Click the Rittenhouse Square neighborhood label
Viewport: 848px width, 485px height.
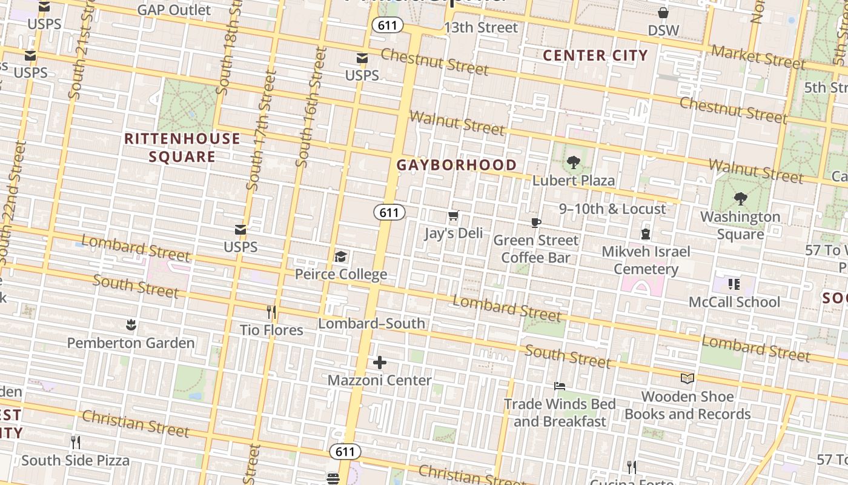pyautogui.click(x=182, y=147)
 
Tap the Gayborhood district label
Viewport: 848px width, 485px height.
pyautogui.click(x=457, y=165)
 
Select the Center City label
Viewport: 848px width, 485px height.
pyautogui.click(x=595, y=56)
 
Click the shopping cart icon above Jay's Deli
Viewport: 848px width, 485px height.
pyautogui.click(x=453, y=216)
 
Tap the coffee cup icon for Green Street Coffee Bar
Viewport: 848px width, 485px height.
pyautogui.click(x=536, y=222)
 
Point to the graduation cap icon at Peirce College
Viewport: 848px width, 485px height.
pyautogui.click(x=341, y=257)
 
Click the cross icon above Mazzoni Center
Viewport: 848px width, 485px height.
pyautogui.click(x=380, y=363)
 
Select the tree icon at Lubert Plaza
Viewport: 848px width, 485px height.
pyautogui.click(x=573, y=162)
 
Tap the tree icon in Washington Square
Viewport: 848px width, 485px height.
pyautogui.click(x=740, y=199)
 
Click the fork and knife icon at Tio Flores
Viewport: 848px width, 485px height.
pyautogui.click(x=271, y=312)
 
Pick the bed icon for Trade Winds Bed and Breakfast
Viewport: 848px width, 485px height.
pyautogui.click(x=560, y=386)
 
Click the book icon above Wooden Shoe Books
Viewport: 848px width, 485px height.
pyautogui.click(x=687, y=379)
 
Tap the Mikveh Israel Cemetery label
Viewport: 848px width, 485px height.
pyautogui.click(x=646, y=260)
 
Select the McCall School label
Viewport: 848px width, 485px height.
pyautogui.click(x=735, y=302)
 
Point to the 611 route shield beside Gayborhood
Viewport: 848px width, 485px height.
pyautogui.click(x=389, y=212)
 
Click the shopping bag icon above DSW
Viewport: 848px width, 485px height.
pyautogui.click(x=663, y=13)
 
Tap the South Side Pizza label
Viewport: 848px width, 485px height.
pyautogui.click(x=76, y=460)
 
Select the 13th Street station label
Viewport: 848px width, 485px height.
pyautogui.click(x=481, y=28)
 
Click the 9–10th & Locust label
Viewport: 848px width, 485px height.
pyautogui.click(x=612, y=209)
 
